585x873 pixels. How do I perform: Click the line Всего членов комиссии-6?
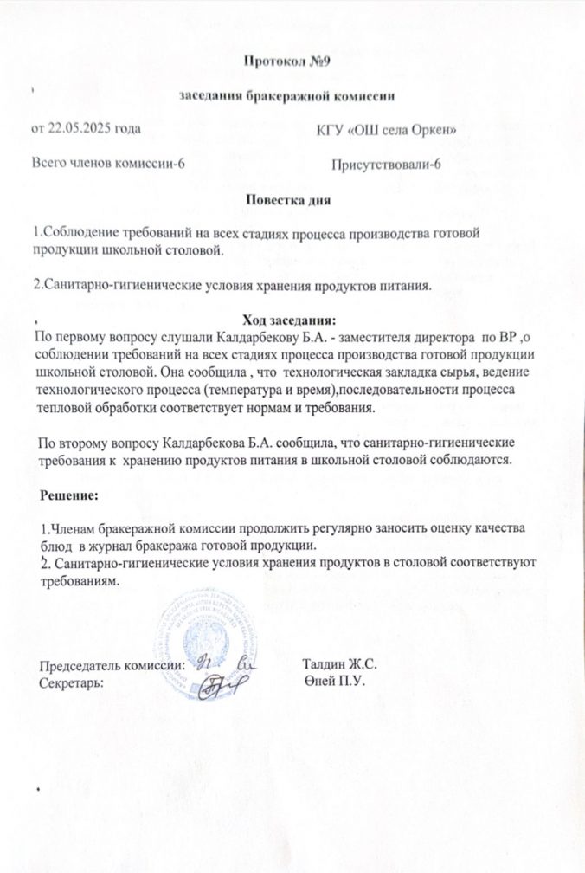point(107,162)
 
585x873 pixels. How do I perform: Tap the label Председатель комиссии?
point(113,665)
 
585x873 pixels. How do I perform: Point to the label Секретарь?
point(73,682)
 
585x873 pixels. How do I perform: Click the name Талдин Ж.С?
point(339,663)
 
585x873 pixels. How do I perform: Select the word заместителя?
point(344,339)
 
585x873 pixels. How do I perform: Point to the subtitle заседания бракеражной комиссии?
point(286,97)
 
